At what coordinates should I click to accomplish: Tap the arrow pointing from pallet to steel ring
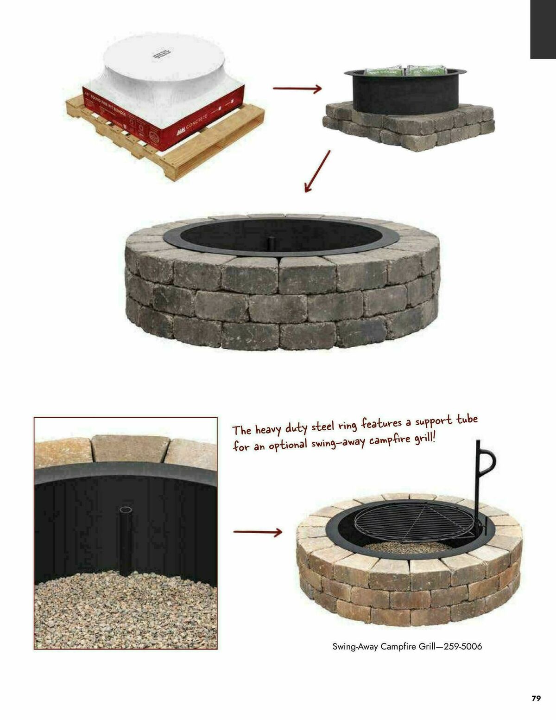click(297, 88)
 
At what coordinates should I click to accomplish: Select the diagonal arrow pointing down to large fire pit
click(317, 171)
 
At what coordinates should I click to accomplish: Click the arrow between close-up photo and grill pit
click(258, 532)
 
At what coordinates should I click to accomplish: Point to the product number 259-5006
click(463, 646)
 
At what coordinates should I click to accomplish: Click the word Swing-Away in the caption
click(355, 646)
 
